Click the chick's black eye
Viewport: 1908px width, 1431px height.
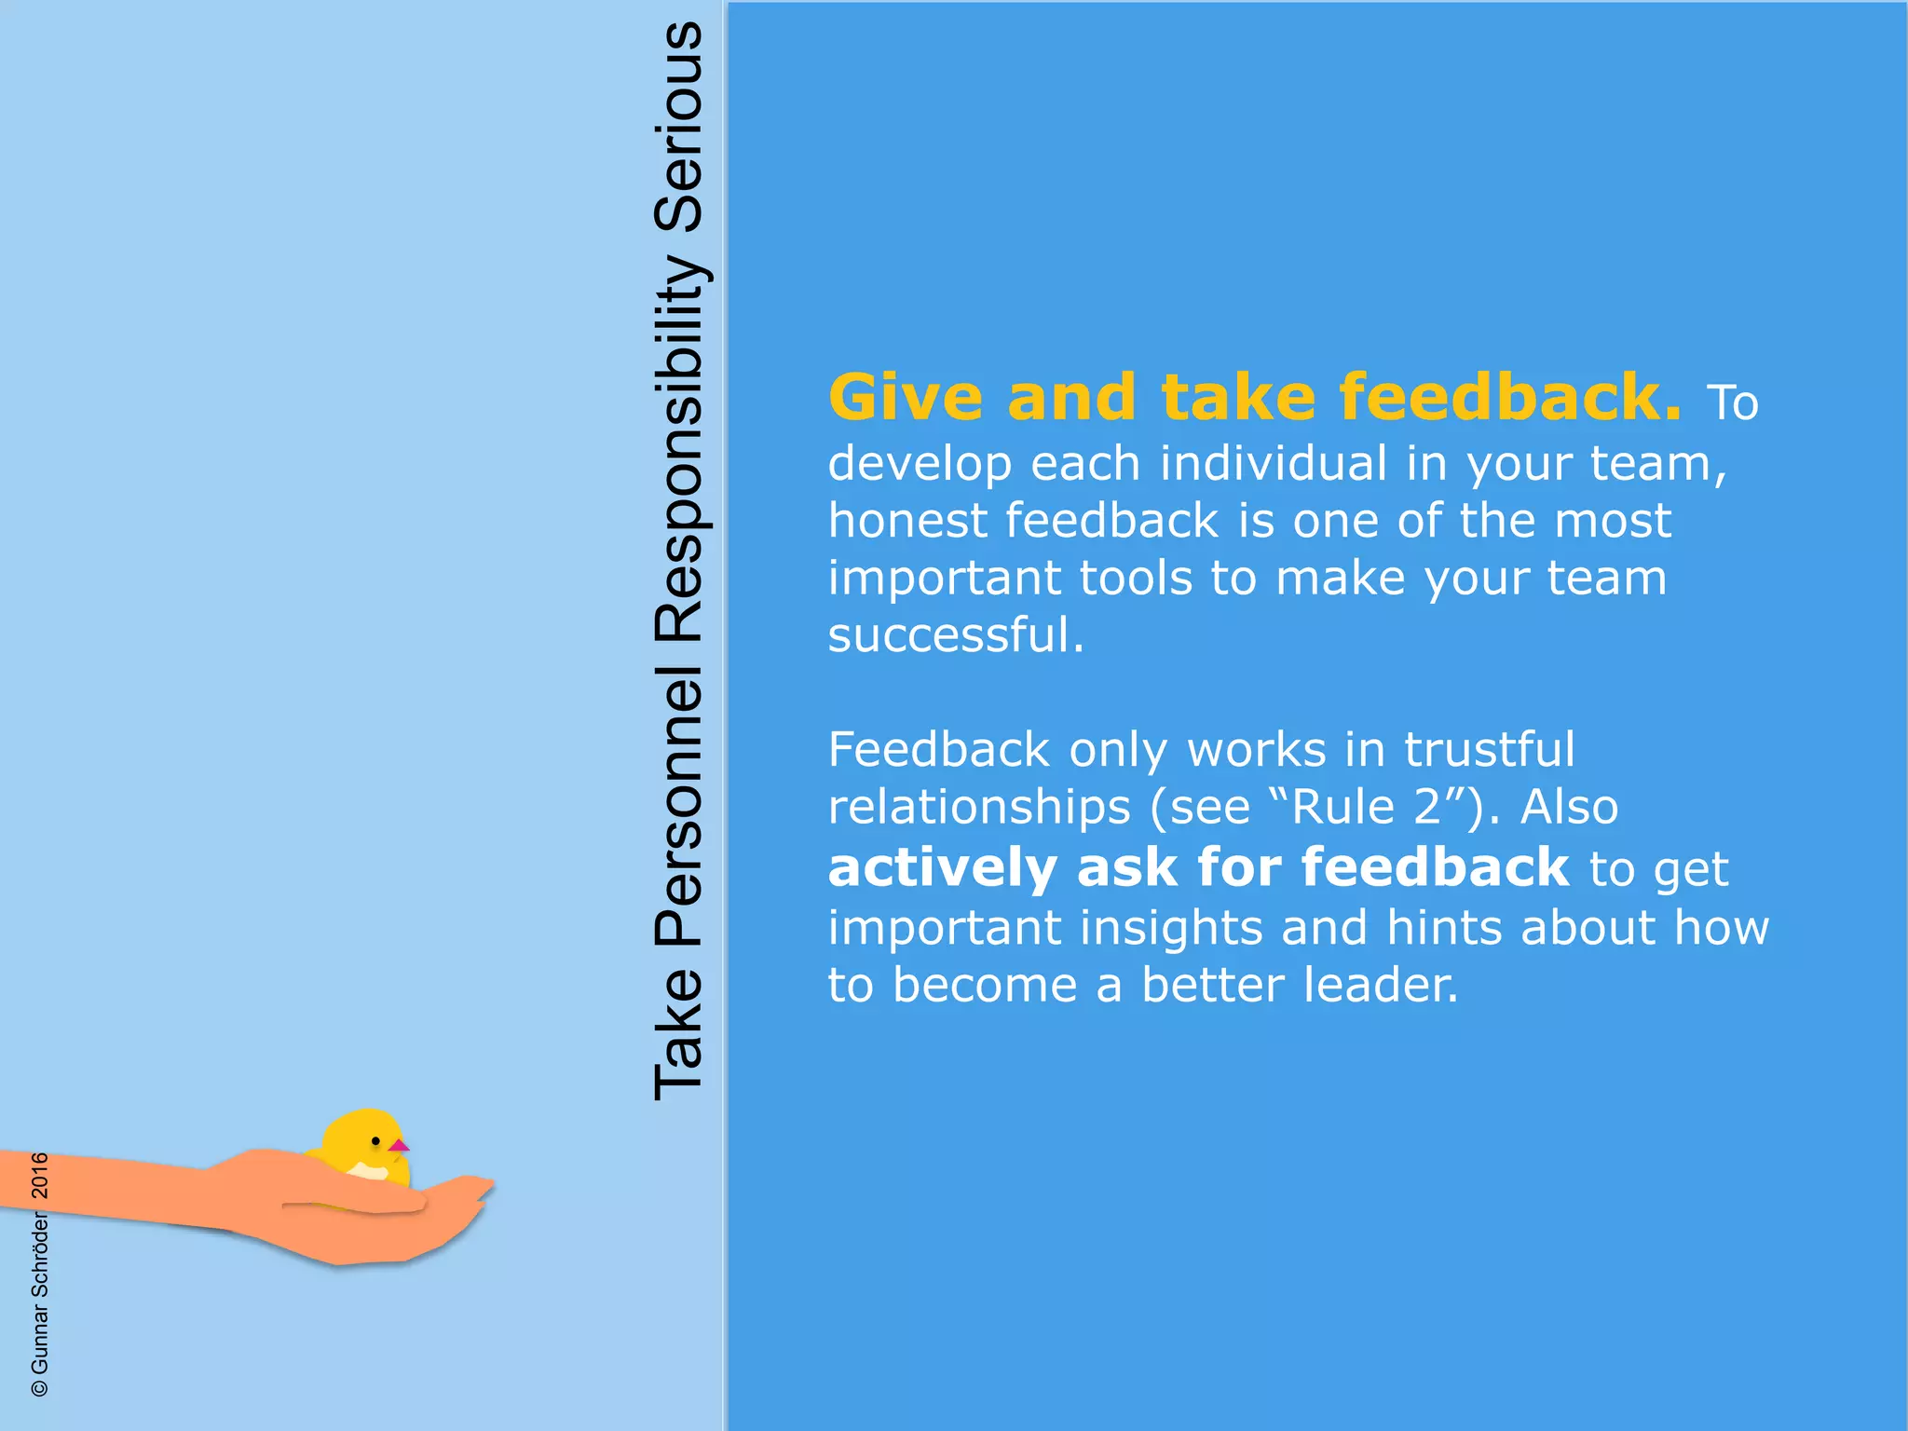point(375,1140)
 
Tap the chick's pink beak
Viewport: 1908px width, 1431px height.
point(399,1145)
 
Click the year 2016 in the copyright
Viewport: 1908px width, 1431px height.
point(40,1175)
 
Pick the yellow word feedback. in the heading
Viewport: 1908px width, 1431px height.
point(1510,398)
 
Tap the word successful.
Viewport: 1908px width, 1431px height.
point(956,635)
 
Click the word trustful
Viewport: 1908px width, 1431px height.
point(1489,750)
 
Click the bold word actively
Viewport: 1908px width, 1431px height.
point(942,868)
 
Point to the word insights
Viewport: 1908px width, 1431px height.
point(1170,928)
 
